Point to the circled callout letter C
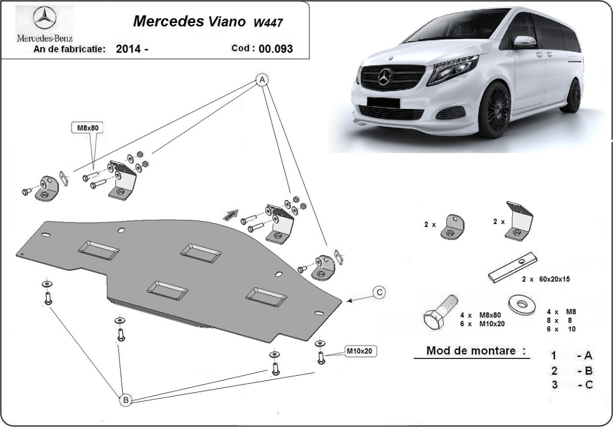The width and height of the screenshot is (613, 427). coord(379,293)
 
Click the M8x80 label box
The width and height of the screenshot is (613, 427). coord(86,128)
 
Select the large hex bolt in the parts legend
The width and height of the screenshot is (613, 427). coord(439,312)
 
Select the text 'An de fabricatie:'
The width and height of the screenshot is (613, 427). coord(69,49)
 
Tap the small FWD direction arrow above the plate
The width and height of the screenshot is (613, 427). coord(230,214)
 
